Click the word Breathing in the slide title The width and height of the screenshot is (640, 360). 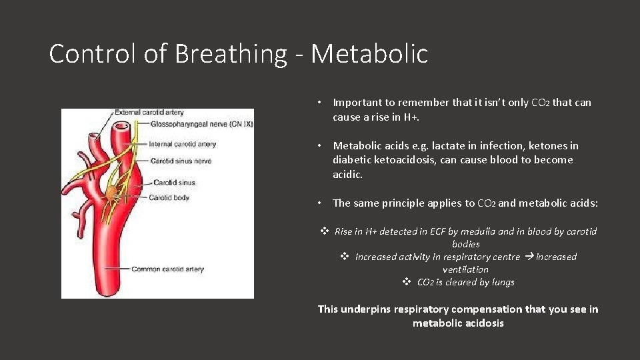pos(230,54)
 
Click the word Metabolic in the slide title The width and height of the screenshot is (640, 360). pos(369,54)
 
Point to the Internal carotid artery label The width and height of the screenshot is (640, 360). pos(183,144)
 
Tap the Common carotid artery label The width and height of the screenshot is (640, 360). pos(167,269)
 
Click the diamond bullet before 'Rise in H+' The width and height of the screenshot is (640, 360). pos(325,231)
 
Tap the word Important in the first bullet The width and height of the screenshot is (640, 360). pos(357,102)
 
